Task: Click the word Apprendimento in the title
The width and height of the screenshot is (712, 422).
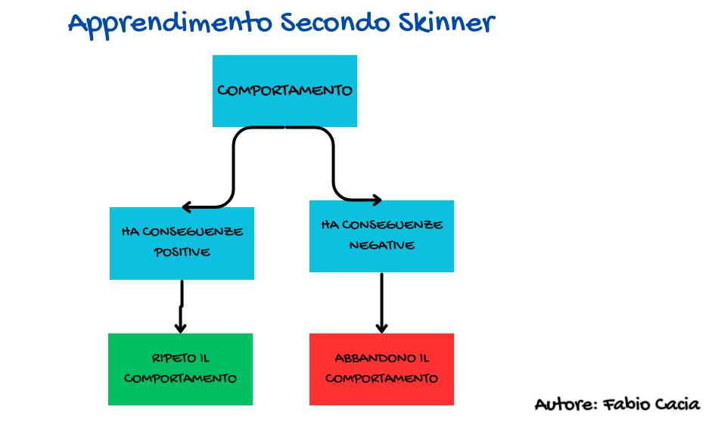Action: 170,23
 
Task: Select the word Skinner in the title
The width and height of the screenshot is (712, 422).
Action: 446,23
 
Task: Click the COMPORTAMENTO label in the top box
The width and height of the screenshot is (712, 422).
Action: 284,91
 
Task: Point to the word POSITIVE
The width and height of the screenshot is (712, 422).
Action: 182,252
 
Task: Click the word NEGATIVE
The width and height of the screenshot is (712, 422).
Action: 381,245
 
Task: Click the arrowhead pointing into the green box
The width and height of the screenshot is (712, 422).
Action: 180,327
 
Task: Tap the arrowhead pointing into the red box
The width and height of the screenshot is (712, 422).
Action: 381,327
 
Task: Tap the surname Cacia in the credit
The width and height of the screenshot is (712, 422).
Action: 677,405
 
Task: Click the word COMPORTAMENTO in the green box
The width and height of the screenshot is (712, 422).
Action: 180,378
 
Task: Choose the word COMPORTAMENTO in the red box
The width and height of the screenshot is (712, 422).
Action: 381,378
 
